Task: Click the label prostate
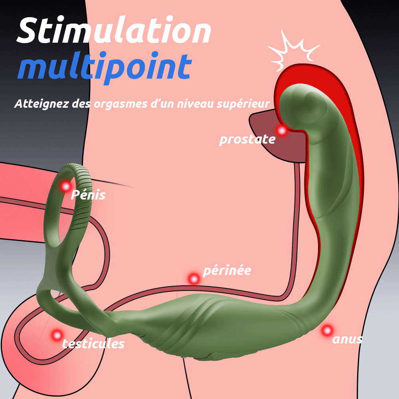click(247, 139)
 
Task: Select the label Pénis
click(88, 195)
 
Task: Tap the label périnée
click(227, 271)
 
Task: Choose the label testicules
click(93, 343)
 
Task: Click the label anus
click(348, 339)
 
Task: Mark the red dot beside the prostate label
click(282, 130)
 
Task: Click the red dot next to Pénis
click(65, 186)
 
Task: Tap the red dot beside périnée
click(194, 279)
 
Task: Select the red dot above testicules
click(57, 334)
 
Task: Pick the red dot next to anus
click(327, 330)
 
